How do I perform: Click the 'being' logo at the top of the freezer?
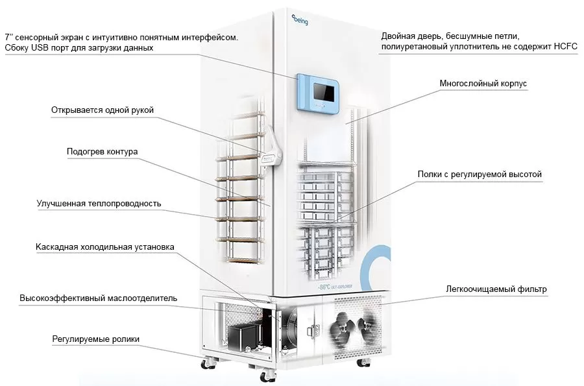pyautogui.click(x=300, y=19)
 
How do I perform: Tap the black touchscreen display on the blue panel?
pyautogui.click(x=323, y=92)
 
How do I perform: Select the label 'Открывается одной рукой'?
pyautogui.click(x=103, y=110)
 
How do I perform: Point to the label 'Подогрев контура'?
pyautogui.click(x=102, y=152)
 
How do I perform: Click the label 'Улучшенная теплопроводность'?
pyautogui.click(x=99, y=204)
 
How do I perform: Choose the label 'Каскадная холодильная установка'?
pyautogui.click(x=104, y=247)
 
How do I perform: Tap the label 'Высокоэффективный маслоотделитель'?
pyautogui.click(x=99, y=298)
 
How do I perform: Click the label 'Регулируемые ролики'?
pyautogui.click(x=96, y=339)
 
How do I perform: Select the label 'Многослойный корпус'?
pyautogui.click(x=483, y=84)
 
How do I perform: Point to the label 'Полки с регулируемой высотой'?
pyautogui.click(x=480, y=175)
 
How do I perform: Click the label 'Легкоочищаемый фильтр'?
pyautogui.click(x=496, y=289)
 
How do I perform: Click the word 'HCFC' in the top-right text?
pyautogui.click(x=565, y=47)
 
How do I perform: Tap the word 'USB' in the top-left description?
pyautogui.click(x=40, y=48)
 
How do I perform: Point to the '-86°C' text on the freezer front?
pyautogui.click(x=324, y=287)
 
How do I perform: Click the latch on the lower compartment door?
pyautogui.click(x=313, y=331)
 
